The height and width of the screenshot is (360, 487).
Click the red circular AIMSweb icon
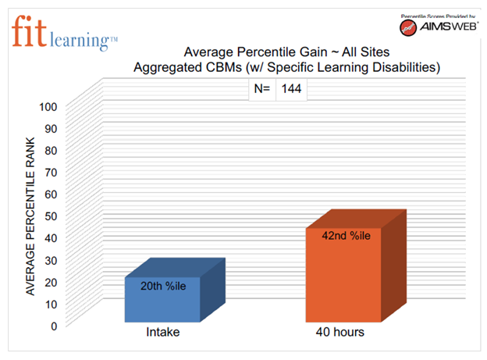[x=408, y=28]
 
